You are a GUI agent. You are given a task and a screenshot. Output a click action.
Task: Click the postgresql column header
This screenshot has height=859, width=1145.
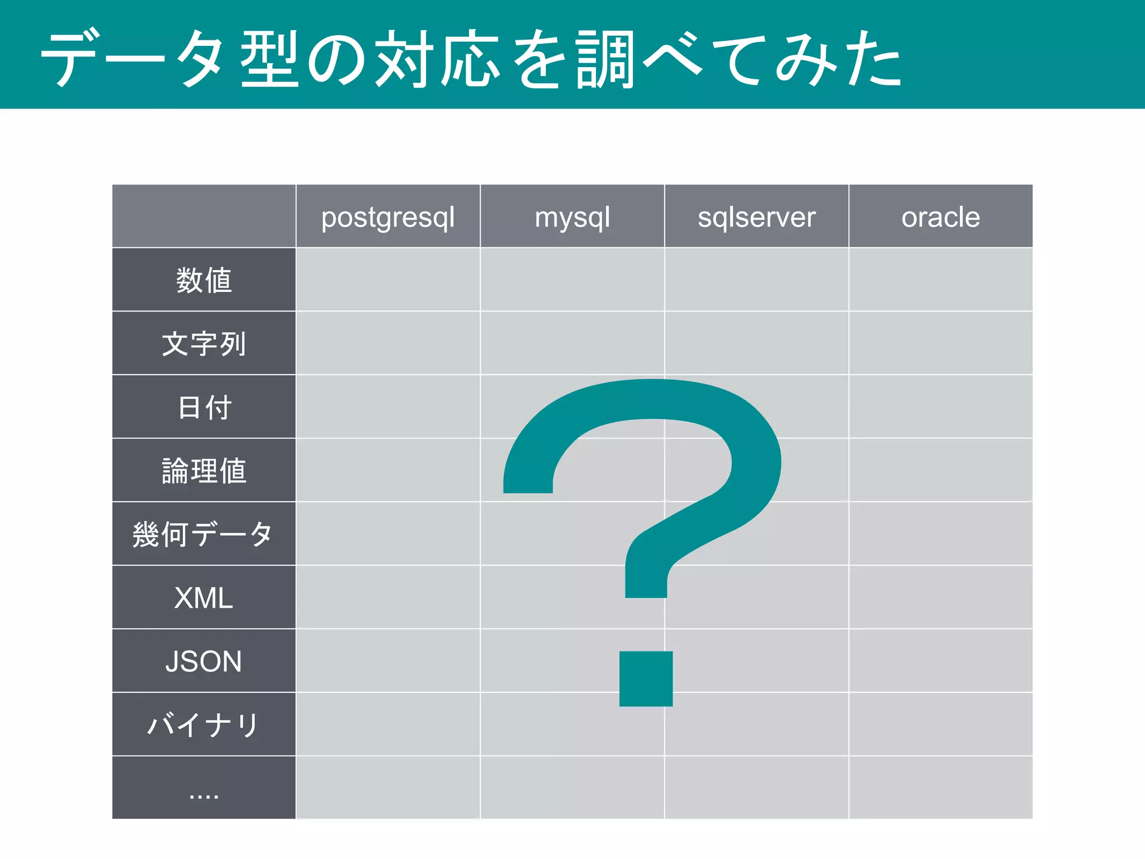388,217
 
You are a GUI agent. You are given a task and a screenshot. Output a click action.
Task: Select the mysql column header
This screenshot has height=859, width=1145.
572,217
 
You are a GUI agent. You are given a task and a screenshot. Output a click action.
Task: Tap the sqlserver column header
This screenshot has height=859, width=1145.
756,217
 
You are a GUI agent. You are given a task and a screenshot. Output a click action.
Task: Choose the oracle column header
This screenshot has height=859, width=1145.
940,217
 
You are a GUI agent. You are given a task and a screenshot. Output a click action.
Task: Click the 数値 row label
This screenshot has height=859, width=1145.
204,280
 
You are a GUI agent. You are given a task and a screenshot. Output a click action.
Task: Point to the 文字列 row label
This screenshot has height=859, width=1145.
204,343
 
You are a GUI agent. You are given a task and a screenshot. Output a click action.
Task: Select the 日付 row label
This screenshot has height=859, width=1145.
204,407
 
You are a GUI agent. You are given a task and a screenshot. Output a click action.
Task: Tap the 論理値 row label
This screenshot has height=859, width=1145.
204,470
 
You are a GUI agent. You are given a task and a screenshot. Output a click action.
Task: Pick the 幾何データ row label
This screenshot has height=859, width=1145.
203,534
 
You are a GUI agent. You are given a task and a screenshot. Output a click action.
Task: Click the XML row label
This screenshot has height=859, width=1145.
204,598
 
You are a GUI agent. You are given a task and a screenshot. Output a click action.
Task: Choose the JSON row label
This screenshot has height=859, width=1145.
204,661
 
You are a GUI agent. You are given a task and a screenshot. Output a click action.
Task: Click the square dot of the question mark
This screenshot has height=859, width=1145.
646,678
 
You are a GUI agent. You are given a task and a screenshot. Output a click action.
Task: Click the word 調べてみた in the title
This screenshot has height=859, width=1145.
738,59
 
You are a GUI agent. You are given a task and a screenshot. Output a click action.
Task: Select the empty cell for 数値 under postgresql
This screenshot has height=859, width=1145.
388,280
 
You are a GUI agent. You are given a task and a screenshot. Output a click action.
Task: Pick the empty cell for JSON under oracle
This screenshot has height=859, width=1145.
940,661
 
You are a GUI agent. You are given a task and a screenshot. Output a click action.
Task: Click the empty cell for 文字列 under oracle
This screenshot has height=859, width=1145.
940,343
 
